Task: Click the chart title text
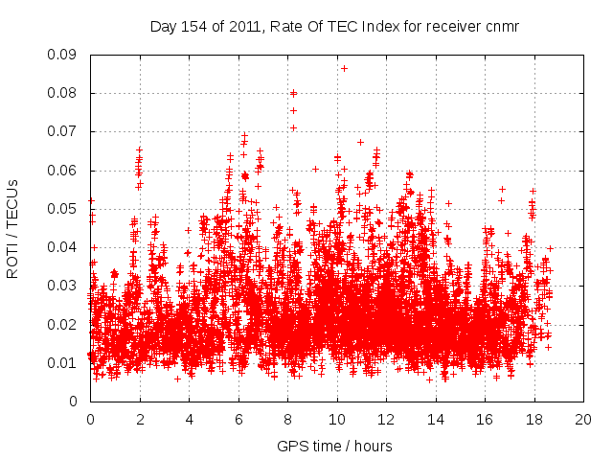334,27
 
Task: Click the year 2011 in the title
242,27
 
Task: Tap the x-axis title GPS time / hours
334,446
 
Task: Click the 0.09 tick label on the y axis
64,55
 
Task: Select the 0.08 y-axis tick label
64,93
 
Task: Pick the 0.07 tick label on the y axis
64,131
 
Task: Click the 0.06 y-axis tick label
64,171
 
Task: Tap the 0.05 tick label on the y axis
64,209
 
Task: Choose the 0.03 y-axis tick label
64,286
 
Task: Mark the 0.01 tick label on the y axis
64,362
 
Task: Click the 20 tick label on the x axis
582,419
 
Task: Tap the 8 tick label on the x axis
287,419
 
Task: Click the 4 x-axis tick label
189,419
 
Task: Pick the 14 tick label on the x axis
435,419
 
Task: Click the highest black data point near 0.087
344,68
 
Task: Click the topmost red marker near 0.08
294,93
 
